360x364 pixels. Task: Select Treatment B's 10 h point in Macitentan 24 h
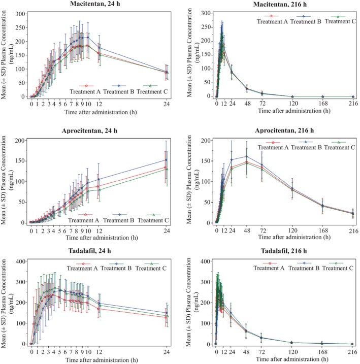click(88, 37)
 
